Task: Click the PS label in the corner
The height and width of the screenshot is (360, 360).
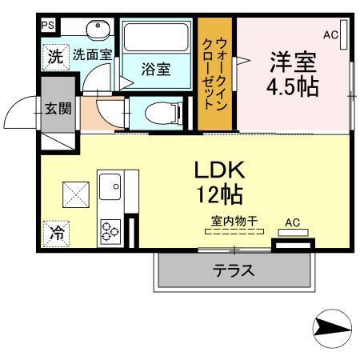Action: click(47, 25)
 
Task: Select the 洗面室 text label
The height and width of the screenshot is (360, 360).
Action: click(92, 55)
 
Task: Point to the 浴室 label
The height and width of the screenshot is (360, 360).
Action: click(155, 70)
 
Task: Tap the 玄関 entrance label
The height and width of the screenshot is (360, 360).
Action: click(56, 108)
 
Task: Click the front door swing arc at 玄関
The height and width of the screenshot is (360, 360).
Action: click(20, 115)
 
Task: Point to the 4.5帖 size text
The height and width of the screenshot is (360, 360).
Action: click(293, 86)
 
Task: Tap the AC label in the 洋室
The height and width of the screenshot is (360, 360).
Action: click(330, 34)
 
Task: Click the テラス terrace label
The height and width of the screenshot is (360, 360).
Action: click(234, 270)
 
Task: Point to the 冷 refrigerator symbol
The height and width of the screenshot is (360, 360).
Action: click(57, 234)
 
